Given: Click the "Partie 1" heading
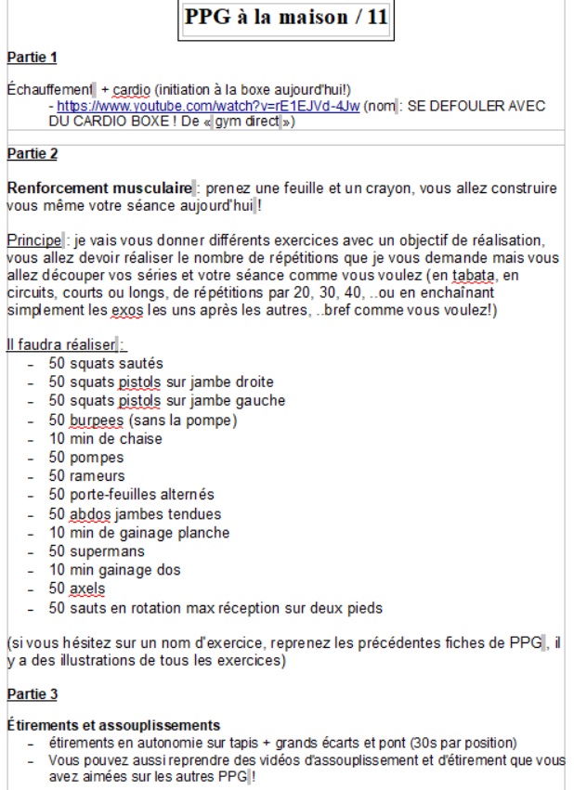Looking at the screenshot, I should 32,58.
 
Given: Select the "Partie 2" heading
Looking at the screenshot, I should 32,153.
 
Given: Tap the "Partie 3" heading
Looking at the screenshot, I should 32,693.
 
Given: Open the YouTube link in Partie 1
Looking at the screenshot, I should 208,107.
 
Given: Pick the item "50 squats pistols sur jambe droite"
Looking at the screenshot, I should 161,382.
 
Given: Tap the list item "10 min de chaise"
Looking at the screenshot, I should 105,438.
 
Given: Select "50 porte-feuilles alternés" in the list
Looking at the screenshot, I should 131,495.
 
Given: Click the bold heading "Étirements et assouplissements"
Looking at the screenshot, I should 112,724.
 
